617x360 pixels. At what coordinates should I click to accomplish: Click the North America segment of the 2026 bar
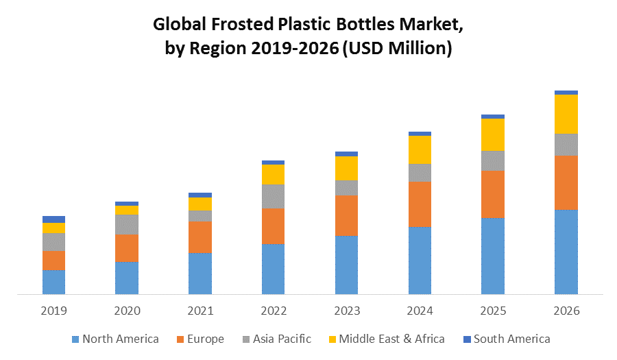pyautogui.click(x=566, y=252)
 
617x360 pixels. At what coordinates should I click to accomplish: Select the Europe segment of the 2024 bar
pyautogui.click(x=420, y=204)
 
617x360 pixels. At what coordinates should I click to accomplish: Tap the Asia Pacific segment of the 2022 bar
pyautogui.click(x=274, y=196)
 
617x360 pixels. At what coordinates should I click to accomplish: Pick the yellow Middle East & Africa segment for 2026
pyautogui.click(x=566, y=114)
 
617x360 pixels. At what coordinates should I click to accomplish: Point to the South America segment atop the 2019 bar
pyautogui.click(x=53, y=219)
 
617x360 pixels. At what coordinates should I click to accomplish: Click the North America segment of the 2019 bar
pyautogui.click(x=53, y=282)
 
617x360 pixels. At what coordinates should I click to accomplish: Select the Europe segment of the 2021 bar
pyautogui.click(x=200, y=237)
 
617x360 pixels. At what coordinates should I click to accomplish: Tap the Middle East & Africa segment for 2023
pyautogui.click(x=346, y=168)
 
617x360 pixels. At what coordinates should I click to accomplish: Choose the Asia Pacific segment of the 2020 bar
pyautogui.click(x=127, y=224)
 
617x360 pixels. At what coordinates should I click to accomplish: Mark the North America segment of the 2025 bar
pyautogui.click(x=493, y=256)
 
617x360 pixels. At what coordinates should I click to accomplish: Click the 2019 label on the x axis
pyautogui.click(x=53, y=311)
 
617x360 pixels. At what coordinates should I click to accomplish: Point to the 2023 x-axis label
pyautogui.click(x=346, y=311)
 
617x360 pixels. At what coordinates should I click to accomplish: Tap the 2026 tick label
pyautogui.click(x=566, y=311)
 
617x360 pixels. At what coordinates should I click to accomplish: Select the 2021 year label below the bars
pyautogui.click(x=200, y=311)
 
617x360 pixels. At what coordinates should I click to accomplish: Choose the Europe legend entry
pyautogui.click(x=200, y=339)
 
